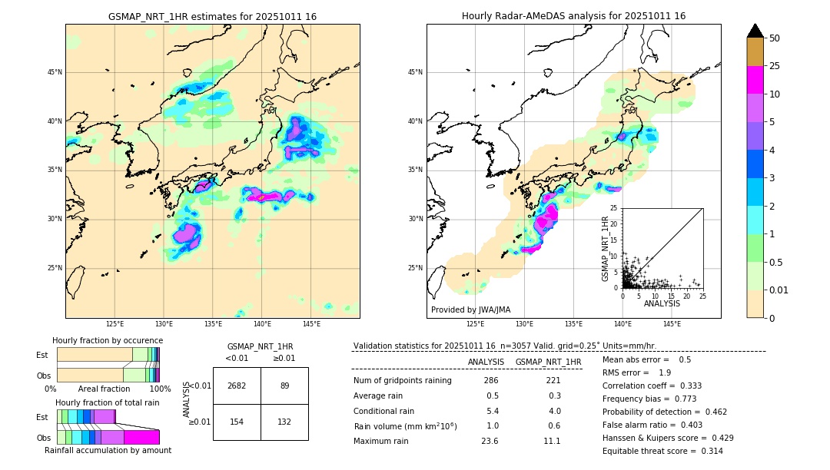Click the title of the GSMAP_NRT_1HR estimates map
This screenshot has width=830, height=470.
[x=212, y=16]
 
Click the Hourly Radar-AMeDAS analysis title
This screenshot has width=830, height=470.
[x=573, y=16]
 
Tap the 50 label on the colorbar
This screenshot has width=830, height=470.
[x=775, y=38]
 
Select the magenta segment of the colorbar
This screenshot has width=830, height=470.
[x=755, y=80]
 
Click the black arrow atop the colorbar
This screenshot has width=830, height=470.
[x=755, y=31]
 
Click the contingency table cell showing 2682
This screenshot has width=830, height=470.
[x=237, y=386]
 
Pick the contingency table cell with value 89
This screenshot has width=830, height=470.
[x=284, y=386]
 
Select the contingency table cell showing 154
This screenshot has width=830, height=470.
[x=237, y=422]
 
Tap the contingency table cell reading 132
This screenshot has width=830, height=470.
[x=284, y=422]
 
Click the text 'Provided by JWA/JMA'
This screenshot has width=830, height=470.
[x=470, y=309]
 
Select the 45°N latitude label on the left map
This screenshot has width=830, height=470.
[x=54, y=72]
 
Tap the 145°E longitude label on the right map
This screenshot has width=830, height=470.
[x=672, y=324]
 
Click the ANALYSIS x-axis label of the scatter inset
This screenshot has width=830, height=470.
[x=662, y=303]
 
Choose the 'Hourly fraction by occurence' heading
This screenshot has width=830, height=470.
[x=108, y=340]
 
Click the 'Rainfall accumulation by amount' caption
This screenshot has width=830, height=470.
[x=108, y=450]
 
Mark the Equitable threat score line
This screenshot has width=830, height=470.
[x=662, y=451]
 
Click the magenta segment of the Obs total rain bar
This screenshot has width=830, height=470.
[x=141, y=437]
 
